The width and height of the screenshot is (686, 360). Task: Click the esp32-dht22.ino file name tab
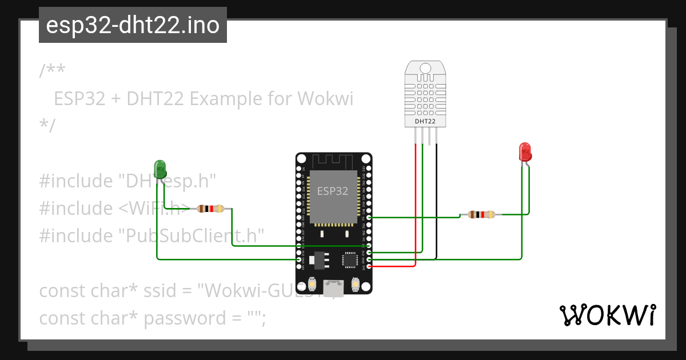pos(133,26)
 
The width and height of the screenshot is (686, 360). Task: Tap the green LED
pos(160,168)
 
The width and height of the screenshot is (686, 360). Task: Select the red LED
pos(525,152)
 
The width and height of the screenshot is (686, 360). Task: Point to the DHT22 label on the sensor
pos(425,121)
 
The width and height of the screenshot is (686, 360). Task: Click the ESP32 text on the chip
pos(332,191)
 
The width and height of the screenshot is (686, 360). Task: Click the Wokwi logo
pos(607,315)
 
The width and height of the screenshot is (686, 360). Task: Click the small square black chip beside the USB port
pos(350,260)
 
